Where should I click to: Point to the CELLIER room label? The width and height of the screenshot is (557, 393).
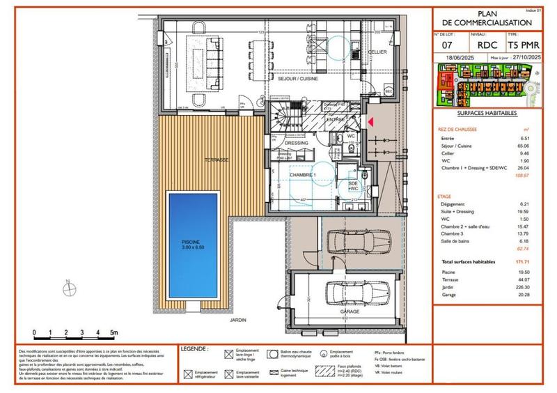pyautogui.click(x=377, y=52)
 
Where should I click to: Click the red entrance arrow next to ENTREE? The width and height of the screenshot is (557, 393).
pyautogui.click(x=371, y=122)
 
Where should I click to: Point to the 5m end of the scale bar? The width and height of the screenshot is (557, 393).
pyautogui.click(x=114, y=334)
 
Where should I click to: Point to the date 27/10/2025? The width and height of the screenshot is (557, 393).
pyautogui.click(x=524, y=61)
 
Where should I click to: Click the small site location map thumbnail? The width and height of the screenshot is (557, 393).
pyautogui.click(x=487, y=84)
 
